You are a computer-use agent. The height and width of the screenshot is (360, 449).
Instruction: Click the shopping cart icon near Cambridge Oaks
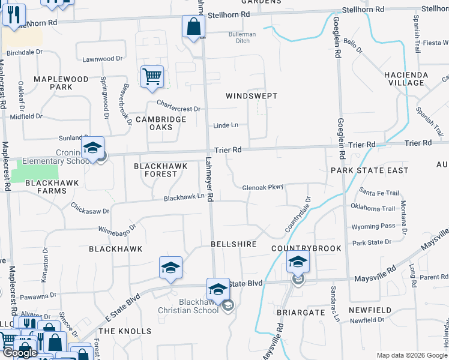tap(152, 77)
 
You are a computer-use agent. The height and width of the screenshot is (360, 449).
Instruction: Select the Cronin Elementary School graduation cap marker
tap(93, 148)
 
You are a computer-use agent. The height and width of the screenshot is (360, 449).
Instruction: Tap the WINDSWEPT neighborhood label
tap(252, 96)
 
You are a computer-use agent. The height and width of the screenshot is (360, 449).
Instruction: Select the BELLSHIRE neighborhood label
tap(234, 245)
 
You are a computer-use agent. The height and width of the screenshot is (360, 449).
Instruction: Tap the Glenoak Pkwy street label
tap(262, 187)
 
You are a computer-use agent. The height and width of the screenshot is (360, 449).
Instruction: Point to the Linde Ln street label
tap(226, 125)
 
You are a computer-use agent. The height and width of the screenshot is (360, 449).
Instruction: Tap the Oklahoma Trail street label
tap(378, 208)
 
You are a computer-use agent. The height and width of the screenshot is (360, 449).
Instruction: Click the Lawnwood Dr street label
tap(102, 59)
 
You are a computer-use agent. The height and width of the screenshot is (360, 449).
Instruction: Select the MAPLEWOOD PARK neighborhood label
tap(61, 83)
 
